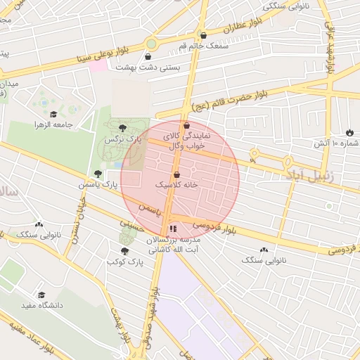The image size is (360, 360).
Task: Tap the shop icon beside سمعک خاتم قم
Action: point(203,35)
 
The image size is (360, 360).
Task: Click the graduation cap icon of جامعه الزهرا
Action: point(54,115)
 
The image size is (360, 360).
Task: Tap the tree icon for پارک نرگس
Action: point(124,127)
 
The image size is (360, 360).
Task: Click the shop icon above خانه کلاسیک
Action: point(176,174)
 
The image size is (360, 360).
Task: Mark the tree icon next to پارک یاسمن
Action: point(98,174)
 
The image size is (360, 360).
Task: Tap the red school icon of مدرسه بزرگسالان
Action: point(174,229)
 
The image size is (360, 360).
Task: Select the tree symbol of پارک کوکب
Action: point(124,250)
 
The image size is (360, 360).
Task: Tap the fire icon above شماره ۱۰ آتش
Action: point(349,132)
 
